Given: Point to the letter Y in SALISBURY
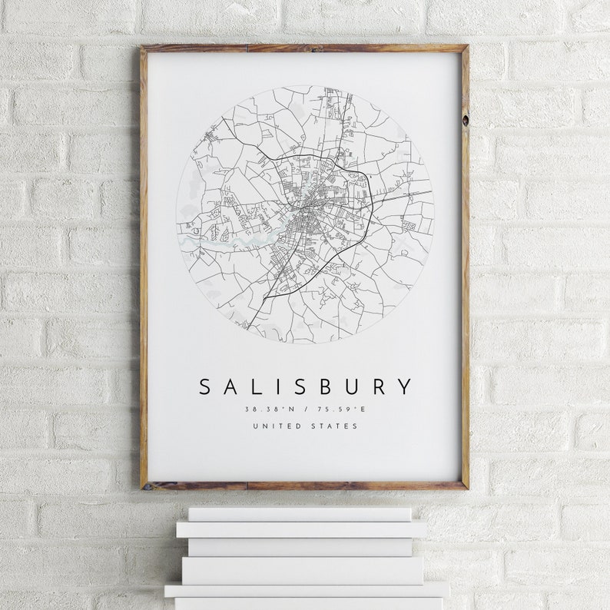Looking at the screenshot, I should click(x=404, y=386).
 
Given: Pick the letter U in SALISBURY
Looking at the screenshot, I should click(x=350, y=386).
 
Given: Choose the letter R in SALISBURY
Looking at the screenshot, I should click(x=377, y=386).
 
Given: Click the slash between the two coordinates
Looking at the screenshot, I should click(x=306, y=409).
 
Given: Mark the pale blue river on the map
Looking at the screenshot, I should click(x=230, y=244).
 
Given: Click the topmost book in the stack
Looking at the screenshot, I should click(x=300, y=514).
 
